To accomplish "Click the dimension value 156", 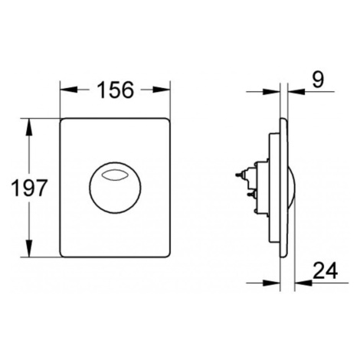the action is (x=116, y=90).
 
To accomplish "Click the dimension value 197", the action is (x=30, y=188).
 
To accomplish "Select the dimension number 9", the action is (x=318, y=79).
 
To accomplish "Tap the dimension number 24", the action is (x=325, y=270).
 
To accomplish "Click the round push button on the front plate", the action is (x=115, y=188).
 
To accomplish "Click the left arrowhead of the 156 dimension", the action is (x=68, y=90).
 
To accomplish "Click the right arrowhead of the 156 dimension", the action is (x=162, y=90).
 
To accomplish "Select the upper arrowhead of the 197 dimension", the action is (x=29, y=127).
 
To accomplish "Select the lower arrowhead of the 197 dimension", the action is (x=29, y=248).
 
